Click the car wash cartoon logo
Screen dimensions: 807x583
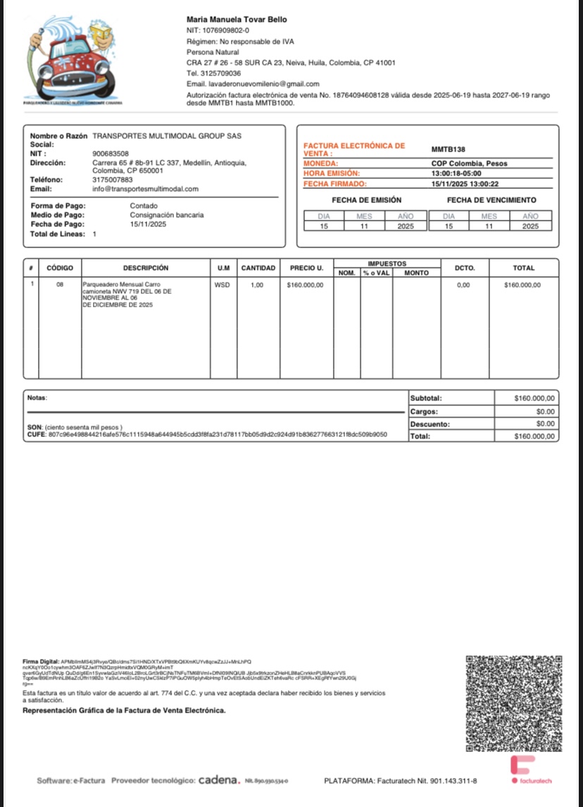(x=73, y=59)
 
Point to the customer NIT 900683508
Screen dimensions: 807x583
(x=111, y=153)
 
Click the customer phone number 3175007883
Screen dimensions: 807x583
(x=113, y=180)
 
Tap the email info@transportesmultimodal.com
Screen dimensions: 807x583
(x=145, y=189)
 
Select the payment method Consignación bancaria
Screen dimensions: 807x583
(x=167, y=215)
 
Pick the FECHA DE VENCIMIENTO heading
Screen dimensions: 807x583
(x=491, y=200)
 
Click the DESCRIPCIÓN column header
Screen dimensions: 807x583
(x=146, y=268)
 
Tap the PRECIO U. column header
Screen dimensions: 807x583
(x=306, y=268)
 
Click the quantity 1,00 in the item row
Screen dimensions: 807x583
(x=258, y=285)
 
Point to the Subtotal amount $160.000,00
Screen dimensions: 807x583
(x=534, y=398)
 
